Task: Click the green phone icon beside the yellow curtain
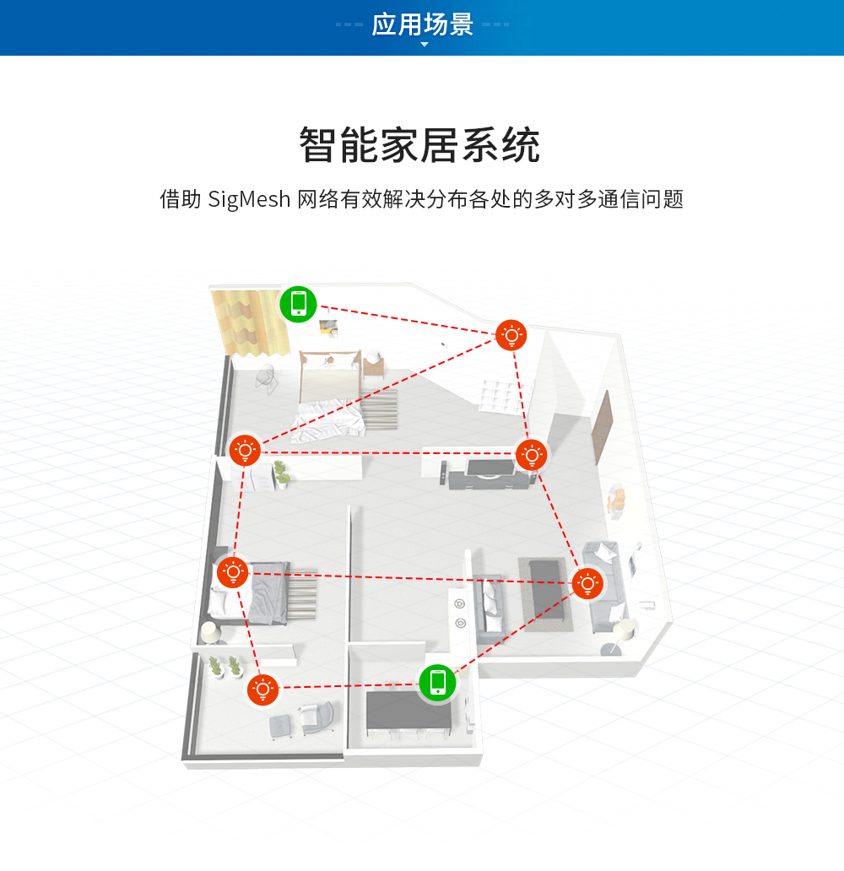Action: click(298, 304)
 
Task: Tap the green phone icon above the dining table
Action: click(437, 682)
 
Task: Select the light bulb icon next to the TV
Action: click(531, 455)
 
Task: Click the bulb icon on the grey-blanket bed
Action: click(232, 573)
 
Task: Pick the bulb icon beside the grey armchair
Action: click(263, 690)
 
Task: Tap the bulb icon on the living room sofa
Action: click(587, 583)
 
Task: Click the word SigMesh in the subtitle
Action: click(249, 200)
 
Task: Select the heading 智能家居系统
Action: click(420, 146)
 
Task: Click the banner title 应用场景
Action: click(423, 24)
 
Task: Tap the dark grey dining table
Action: click(409, 712)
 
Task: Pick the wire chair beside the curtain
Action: click(266, 378)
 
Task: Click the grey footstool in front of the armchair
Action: click(282, 724)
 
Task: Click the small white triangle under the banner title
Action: click(425, 44)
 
